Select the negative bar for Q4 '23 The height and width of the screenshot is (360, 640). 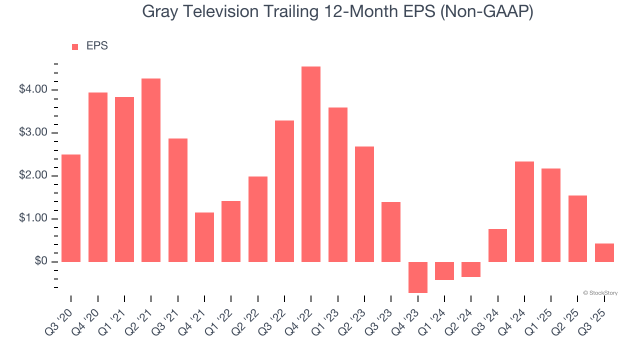417,277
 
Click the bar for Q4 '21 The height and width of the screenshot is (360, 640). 204,237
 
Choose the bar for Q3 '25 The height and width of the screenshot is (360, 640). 604,252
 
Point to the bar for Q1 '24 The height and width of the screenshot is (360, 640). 444,270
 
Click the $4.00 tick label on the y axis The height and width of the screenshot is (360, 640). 33,89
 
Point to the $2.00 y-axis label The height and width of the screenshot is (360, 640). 33,175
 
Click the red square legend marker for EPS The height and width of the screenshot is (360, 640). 75,47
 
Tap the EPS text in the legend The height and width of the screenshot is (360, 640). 97,46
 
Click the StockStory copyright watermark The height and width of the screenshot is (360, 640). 600,293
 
